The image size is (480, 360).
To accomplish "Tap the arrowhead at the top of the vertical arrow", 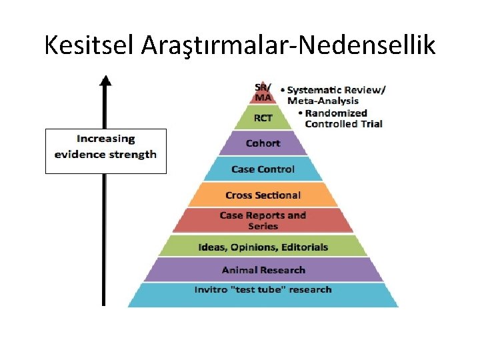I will (105, 81).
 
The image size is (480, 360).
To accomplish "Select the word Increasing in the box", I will (105, 139).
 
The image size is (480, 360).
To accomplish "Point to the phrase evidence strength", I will (105, 155).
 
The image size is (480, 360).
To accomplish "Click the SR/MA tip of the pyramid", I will (263, 93).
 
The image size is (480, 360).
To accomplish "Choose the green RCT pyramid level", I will (263, 118).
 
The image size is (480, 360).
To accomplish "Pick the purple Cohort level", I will (263, 143).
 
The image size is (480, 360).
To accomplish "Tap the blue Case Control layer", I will (263, 169).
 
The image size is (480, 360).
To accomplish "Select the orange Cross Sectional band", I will (263, 195).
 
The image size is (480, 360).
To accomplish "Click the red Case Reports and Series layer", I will (263, 221).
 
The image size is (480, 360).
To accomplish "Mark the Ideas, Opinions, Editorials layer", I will (263, 247).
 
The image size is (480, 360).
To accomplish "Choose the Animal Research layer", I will (263, 270).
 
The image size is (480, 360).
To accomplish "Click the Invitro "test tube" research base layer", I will (263, 290).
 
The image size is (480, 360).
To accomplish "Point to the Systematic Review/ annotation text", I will (337, 90).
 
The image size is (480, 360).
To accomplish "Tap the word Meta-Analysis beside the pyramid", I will (323, 101).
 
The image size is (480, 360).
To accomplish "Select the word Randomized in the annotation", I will (336, 113).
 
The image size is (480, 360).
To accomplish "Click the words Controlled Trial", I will (343, 124).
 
